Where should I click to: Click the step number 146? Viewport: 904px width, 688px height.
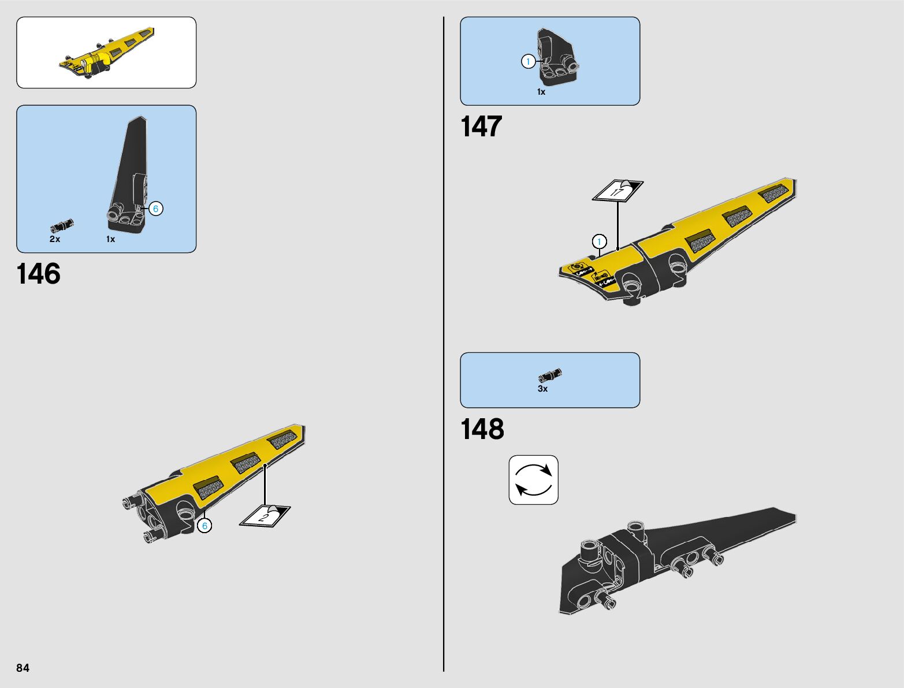[x=39, y=274]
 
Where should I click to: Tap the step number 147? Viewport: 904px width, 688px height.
[x=481, y=127]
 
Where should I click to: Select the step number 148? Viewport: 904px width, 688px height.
[x=482, y=429]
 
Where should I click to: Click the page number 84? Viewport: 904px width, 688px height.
[x=23, y=668]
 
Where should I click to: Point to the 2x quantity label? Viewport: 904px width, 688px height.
[x=55, y=239]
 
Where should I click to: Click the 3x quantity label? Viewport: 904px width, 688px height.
[x=542, y=389]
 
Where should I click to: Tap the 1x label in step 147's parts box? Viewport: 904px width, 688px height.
[x=541, y=92]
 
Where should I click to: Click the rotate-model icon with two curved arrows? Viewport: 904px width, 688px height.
[x=533, y=480]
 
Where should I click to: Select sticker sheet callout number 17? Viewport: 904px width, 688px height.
[x=617, y=191]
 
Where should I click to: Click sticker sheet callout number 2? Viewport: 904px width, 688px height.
[x=265, y=516]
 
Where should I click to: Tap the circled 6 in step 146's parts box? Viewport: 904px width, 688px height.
[x=155, y=209]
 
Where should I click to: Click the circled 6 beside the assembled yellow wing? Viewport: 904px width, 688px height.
[x=204, y=526]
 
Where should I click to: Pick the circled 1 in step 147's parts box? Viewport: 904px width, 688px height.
[x=528, y=61]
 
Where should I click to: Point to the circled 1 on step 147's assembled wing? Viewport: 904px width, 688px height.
[x=599, y=241]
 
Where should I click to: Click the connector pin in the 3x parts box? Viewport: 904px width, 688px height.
[x=550, y=375]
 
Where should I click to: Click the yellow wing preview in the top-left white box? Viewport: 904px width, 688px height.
[x=107, y=53]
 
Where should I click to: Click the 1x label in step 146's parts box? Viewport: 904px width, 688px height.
[x=110, y=239]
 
